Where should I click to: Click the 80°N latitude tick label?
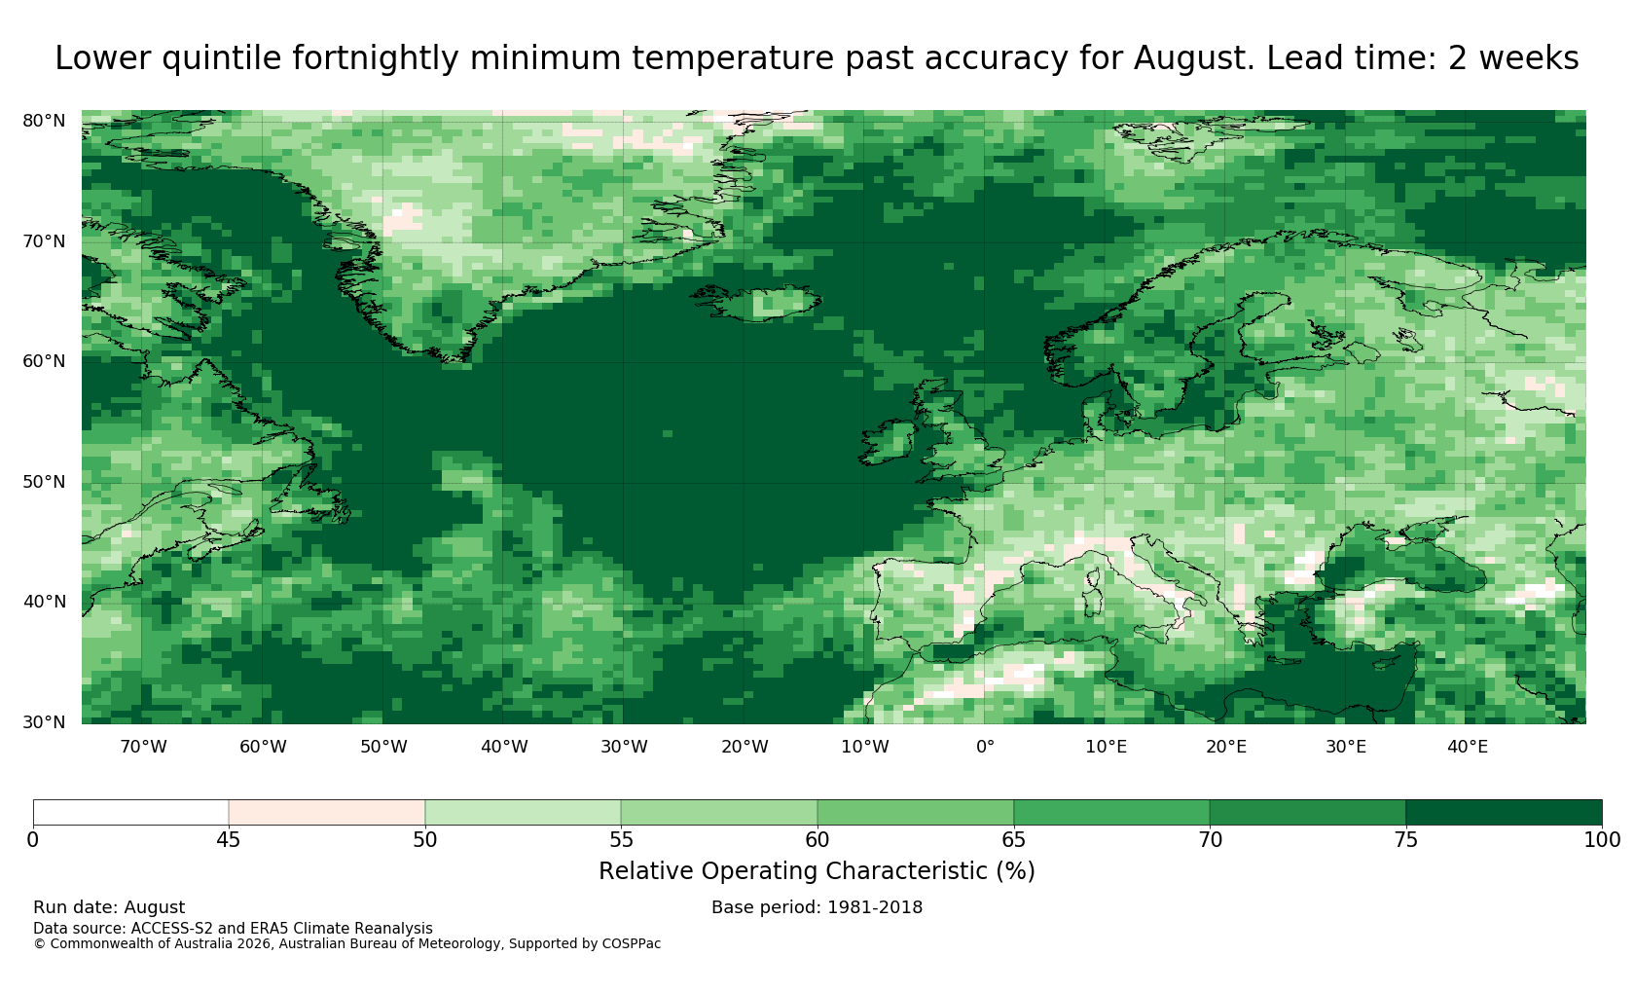44,121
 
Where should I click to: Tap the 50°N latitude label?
44,482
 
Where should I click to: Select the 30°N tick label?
44,722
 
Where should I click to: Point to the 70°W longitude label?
144,747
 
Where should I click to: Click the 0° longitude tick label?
985,747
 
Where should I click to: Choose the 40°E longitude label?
1468,747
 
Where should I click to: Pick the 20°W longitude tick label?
745,747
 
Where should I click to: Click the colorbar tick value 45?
229,840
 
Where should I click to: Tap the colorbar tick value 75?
1405,840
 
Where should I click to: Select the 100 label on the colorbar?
1602,840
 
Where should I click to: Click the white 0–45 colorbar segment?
130,813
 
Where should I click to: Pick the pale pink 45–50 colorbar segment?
327,813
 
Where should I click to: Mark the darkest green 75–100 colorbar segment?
1504,813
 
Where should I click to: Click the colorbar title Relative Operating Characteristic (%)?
817,871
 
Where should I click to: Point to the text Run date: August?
109,907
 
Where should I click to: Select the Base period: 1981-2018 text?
817,907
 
